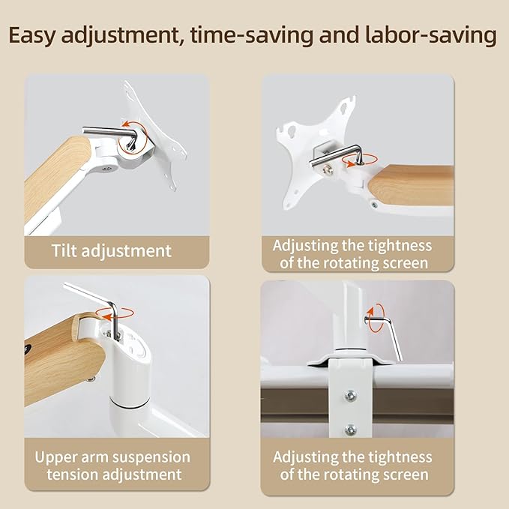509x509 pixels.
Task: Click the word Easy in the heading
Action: [x=32, y=36]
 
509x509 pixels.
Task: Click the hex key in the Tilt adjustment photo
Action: [x=112, y=136]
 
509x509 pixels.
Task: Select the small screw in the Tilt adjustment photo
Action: [x=106, y=169]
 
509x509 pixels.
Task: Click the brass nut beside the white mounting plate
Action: [x=326, y=169]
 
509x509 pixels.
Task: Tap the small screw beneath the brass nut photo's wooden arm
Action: [x=375, y=205]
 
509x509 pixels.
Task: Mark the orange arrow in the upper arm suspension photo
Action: [x=115, y=314]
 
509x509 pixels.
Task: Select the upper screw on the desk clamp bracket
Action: [x=350, y=395]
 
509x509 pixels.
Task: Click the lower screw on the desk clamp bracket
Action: [x=351, y=430]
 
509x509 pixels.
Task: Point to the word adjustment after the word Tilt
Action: [x=126, y=251]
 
